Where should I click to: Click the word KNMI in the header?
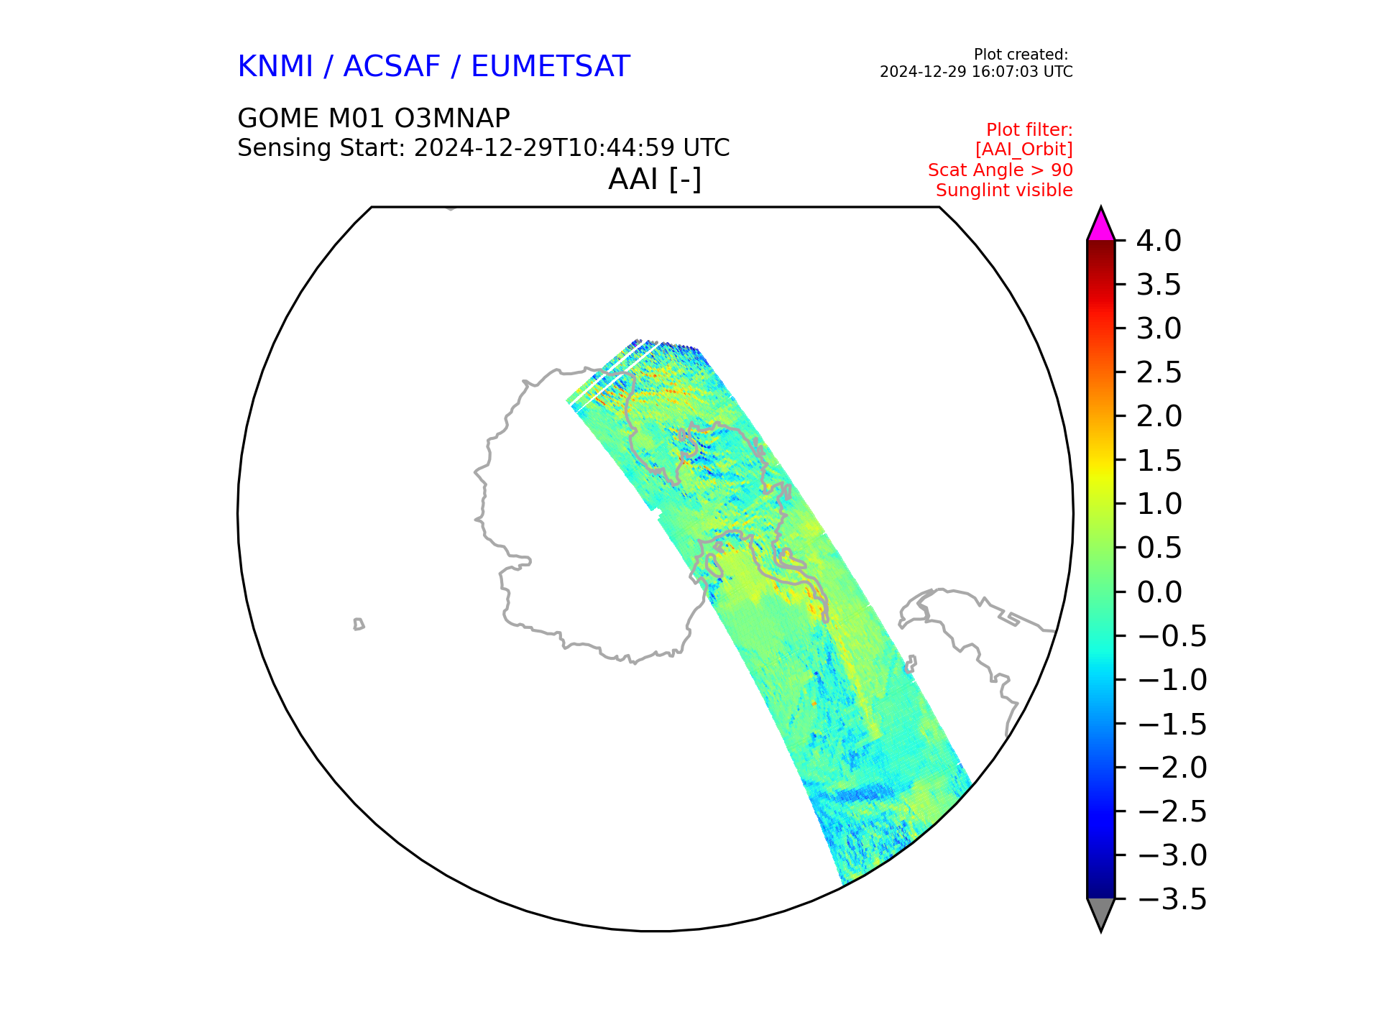point(275,67)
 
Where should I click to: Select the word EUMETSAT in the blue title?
point(551,67)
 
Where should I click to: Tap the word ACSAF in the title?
point(392,67)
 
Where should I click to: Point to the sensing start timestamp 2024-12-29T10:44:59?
point(544,148)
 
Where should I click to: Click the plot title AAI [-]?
point(655,180)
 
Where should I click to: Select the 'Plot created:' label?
point(1021,55)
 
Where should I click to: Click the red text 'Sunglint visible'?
point(1004,190)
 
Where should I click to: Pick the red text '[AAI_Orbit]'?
point(1023,149)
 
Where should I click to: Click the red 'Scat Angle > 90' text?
point(1000,170)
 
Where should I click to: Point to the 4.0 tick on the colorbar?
point(1159,241)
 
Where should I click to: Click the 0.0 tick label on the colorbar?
point(1159,592)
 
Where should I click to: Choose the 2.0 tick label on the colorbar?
point(1159,416)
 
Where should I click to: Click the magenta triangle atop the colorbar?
point(1100,227)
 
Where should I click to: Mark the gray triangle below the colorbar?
point(1100,911)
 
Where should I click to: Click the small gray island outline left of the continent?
point(359,624)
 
